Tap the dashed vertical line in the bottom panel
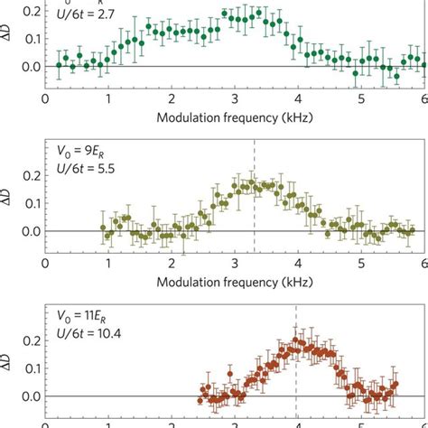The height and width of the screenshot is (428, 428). pos(296,361)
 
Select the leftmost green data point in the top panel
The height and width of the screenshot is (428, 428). pos(60,65)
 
